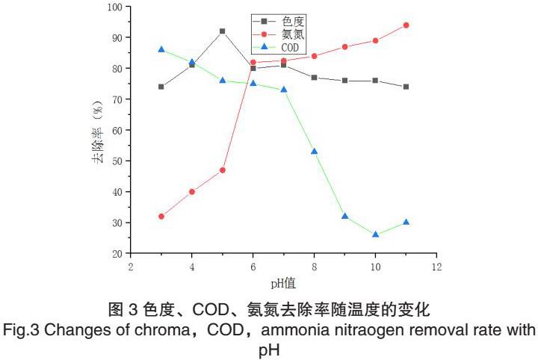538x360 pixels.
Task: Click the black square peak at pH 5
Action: pos(223,31)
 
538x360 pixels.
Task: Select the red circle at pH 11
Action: pos(406,25)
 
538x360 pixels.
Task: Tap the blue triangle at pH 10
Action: pos(376,235)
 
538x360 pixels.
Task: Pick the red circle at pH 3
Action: pos(161,217)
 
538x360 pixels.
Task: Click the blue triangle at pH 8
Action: pos(315,152)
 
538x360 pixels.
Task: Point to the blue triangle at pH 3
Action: pos(161,49)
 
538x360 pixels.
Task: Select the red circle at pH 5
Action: pos(223,170)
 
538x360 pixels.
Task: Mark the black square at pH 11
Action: pos(406,87)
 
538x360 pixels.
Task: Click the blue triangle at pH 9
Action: pos(345,216)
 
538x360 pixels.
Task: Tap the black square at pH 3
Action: pos(161,87)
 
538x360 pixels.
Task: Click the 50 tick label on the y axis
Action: pos(117,161)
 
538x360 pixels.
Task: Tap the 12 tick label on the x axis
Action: pos(437,266)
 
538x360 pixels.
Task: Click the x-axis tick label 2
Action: pos(131,266)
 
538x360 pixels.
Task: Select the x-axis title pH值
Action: pos(283,283)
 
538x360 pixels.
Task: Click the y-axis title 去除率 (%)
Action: pos(96,131)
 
